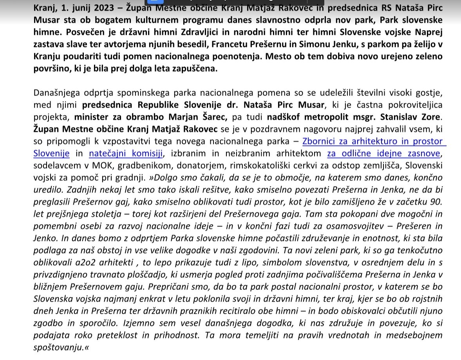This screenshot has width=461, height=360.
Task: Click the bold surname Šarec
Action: (x=215, y=117)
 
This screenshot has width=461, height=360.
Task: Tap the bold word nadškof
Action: (x=287, y=117)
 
